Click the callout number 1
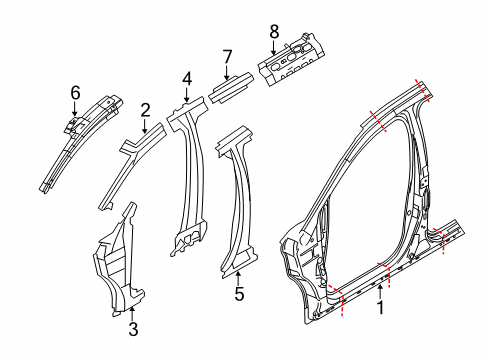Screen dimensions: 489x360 tap(380, 307)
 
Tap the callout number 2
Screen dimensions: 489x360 tap(145, 110)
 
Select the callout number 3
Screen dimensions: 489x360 tap(133, 329)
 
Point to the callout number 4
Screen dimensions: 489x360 tap(187, 80)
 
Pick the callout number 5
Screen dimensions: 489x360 tap(239, 294)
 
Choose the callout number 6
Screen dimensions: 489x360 tap(75, 93)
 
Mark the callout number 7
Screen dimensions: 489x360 tap(227, 57)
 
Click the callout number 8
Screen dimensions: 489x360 tap(274, 32)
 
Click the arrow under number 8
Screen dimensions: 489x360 tap(274, 48)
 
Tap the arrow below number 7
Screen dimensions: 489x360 tap(227, 73)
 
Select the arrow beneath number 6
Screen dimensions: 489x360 tap(75, 109)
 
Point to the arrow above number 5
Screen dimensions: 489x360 tap(238, 278)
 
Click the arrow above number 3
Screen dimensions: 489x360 tap(132, 314)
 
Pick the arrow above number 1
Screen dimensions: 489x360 tap(380, 292)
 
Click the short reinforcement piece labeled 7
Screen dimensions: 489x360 tap(231, 88)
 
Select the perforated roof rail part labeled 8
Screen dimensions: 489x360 tap(291, 59)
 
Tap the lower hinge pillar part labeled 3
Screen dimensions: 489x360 tap(119, 263)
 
